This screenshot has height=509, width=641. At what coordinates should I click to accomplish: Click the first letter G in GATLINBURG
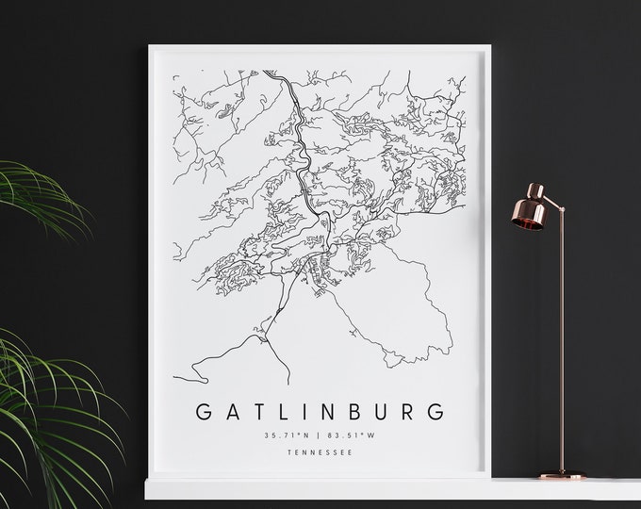[x=201, y=412]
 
